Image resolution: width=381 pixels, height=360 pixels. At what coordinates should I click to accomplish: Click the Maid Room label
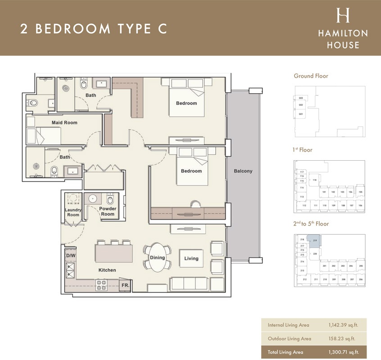click(64, 122)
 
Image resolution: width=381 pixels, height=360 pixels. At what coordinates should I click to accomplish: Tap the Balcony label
click(243, 171)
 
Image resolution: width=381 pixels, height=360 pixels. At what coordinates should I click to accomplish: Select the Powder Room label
click(108, 211)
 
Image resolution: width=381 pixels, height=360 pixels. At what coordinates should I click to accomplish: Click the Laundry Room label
click(72, 212)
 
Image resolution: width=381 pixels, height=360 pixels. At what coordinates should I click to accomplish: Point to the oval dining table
click(157, 258)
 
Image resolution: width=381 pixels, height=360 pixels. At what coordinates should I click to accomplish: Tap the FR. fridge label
click(125, 285)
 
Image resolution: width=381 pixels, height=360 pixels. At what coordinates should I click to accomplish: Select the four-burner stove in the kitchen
click(101, 284)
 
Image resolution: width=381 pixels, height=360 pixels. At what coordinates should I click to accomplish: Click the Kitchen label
click(107, 270)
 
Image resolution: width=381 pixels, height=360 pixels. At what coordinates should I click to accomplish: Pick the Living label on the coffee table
click(191, 258)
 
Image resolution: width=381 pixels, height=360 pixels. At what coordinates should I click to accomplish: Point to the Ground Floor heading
click(311, 76)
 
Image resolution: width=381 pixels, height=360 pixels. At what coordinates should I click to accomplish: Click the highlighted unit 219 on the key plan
click(315, 241)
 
